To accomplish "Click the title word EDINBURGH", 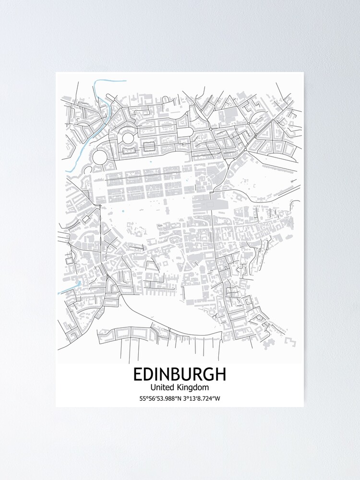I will (x=180, y=374).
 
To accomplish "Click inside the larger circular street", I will (x=100, y=156).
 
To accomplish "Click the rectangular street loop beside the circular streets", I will (x=148, y=145).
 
